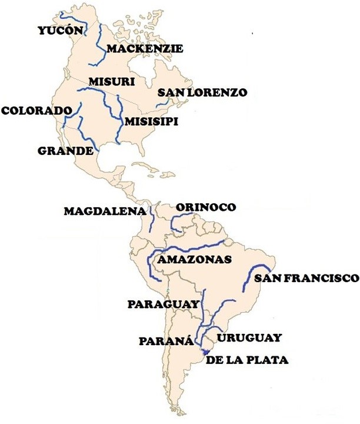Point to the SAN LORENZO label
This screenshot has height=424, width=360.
(202, 92)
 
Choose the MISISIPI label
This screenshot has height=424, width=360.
(151, 121)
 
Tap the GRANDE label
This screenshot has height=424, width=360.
(65, 151)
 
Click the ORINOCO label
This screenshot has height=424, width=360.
(206, 207)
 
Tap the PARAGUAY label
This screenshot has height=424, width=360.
(162, 304)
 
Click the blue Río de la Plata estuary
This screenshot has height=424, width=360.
(205, 352)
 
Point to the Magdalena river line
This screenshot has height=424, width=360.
(151, 219)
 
